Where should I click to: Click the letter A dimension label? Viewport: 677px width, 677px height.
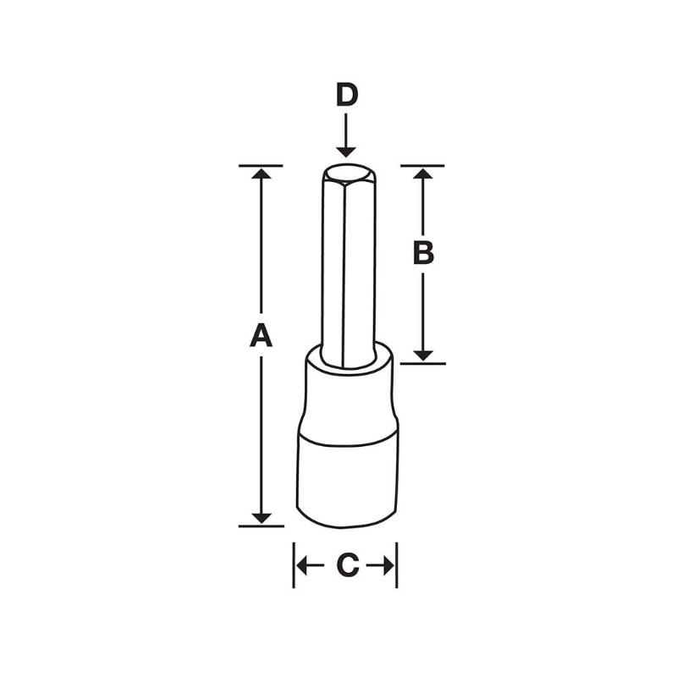[x=261, y=336]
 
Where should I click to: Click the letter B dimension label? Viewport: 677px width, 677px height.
[x=423, y=252]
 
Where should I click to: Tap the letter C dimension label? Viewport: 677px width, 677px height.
[x=346, y=566]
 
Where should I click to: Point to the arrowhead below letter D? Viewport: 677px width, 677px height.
[x=346, y=149]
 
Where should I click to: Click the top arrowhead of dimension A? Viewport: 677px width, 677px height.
[x=261, y=173]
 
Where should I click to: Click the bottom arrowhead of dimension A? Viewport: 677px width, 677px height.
[x=261, y=517]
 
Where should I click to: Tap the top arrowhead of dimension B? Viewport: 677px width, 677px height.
[x=424, y=173]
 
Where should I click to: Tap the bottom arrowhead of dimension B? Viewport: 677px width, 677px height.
[x=424, y=355]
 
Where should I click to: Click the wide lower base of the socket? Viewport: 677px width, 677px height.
[x=346, y=478]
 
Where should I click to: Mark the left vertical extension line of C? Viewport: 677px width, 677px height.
[x=294, y=565]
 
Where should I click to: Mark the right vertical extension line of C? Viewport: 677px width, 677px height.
[x=397, y=565]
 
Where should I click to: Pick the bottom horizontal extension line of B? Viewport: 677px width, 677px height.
[x=423, y=363]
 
